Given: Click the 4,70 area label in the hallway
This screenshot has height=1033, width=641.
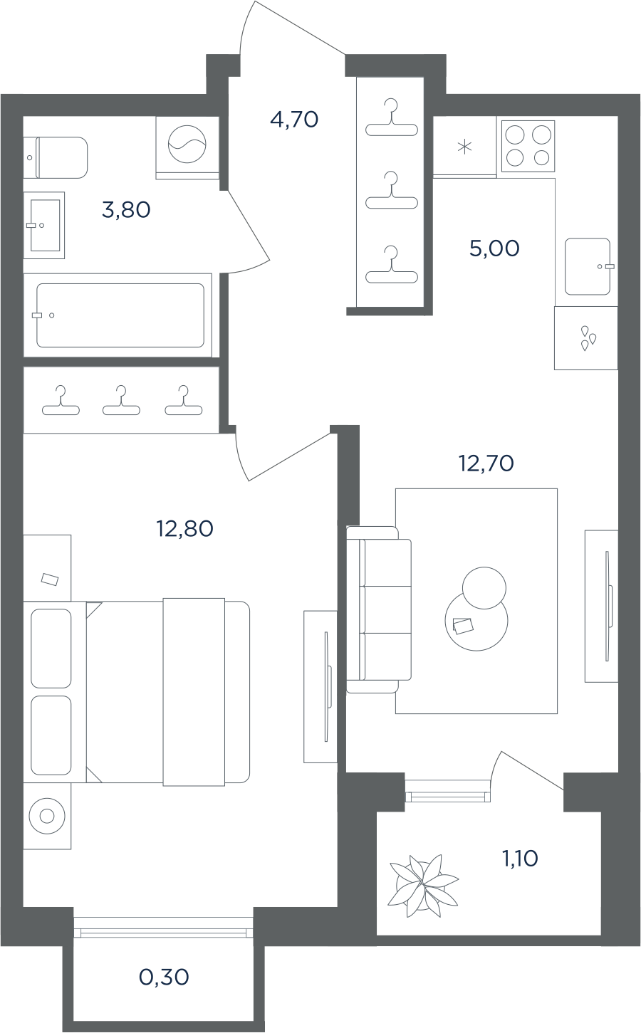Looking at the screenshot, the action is (294, 120).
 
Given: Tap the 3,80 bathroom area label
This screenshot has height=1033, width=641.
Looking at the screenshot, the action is (126, 210).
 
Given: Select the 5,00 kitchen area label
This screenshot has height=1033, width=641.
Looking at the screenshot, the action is (494, 248).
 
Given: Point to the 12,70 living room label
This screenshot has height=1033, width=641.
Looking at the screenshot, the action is (486, 463).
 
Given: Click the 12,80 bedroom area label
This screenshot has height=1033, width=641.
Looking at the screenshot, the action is (185, 529).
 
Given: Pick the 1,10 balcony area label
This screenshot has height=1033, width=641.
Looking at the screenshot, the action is (520, 859).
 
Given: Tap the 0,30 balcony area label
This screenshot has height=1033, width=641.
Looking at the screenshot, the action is (164, 977).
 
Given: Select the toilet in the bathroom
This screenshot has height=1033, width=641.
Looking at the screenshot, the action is (56, 157).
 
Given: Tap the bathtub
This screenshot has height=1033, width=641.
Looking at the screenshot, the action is (120, 315).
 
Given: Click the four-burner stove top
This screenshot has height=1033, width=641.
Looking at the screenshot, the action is (528, 146).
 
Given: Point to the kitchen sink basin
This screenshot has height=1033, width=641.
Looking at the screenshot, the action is (588, 266).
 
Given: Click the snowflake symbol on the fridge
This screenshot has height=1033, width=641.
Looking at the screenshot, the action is (464, 147).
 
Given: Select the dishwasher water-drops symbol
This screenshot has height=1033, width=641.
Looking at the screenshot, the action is (588, 338).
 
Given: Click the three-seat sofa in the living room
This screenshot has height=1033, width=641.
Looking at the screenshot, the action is (379, 609).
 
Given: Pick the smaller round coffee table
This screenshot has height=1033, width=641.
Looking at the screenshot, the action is (484, 588).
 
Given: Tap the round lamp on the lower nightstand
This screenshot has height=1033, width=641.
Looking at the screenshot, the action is (46, 817).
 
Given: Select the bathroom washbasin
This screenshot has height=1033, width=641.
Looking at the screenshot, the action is (44, 226).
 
